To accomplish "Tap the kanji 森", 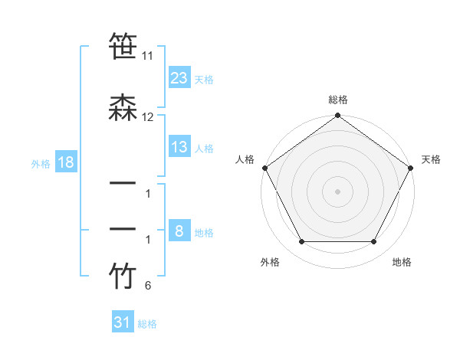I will pos(122,110).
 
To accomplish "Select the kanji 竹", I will pos(122,277).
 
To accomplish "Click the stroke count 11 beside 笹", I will pos(148,57).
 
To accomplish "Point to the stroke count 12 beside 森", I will pos(148,117).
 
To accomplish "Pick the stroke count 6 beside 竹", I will pos(148,286).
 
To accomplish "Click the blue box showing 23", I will pos(179,77).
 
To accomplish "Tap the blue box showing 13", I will pos(179,147).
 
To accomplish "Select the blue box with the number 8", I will pos(179,231).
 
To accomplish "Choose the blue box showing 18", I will pos(65,162).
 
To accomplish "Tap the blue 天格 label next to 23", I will pos(204,79).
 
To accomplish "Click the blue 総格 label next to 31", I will pos(147,324).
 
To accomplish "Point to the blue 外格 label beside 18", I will pos(41,163).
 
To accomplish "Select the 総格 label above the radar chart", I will pos(338,100).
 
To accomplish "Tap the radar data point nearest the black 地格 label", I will pos(374,242).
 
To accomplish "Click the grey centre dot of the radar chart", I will pos(338,191).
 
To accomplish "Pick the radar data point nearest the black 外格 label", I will pos(301,242).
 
